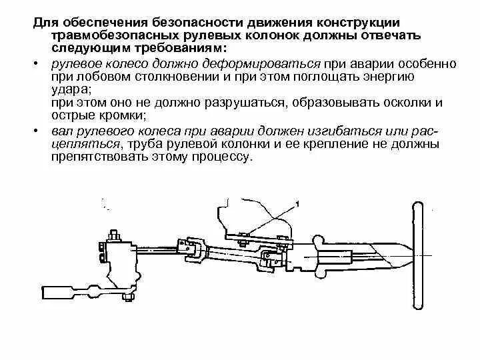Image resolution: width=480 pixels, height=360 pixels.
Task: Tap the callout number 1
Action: [297, 202]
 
